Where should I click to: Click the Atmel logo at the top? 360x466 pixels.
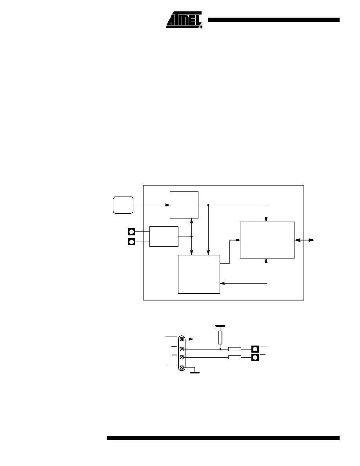point(184,20)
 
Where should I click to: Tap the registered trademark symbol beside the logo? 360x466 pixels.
point(201,27)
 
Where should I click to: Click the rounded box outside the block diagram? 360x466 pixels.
point(123,205)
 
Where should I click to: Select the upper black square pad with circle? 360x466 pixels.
point(131,231)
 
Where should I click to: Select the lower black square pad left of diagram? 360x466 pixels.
point(131,242)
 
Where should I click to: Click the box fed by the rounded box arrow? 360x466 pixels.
point(184,205)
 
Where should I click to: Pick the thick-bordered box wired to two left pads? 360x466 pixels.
point(164,237)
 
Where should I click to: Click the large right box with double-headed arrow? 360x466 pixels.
point(267,240)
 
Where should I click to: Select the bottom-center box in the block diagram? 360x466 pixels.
point(199,274)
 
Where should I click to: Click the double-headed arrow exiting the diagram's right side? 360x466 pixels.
point(304,240)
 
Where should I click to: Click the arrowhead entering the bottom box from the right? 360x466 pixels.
point(222,284)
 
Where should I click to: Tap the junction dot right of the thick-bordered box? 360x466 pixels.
point(192,237)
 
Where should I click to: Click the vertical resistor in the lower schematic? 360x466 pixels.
point(220,337)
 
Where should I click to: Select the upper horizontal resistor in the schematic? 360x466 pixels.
point(235,349)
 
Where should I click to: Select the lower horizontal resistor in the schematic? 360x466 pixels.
point(235,357)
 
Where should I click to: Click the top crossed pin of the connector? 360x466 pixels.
point(182,339)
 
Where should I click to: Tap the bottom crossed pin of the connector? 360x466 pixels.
point(182,368)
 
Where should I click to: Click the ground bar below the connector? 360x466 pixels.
point(195,372)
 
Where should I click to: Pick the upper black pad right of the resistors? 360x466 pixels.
point(255,349)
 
